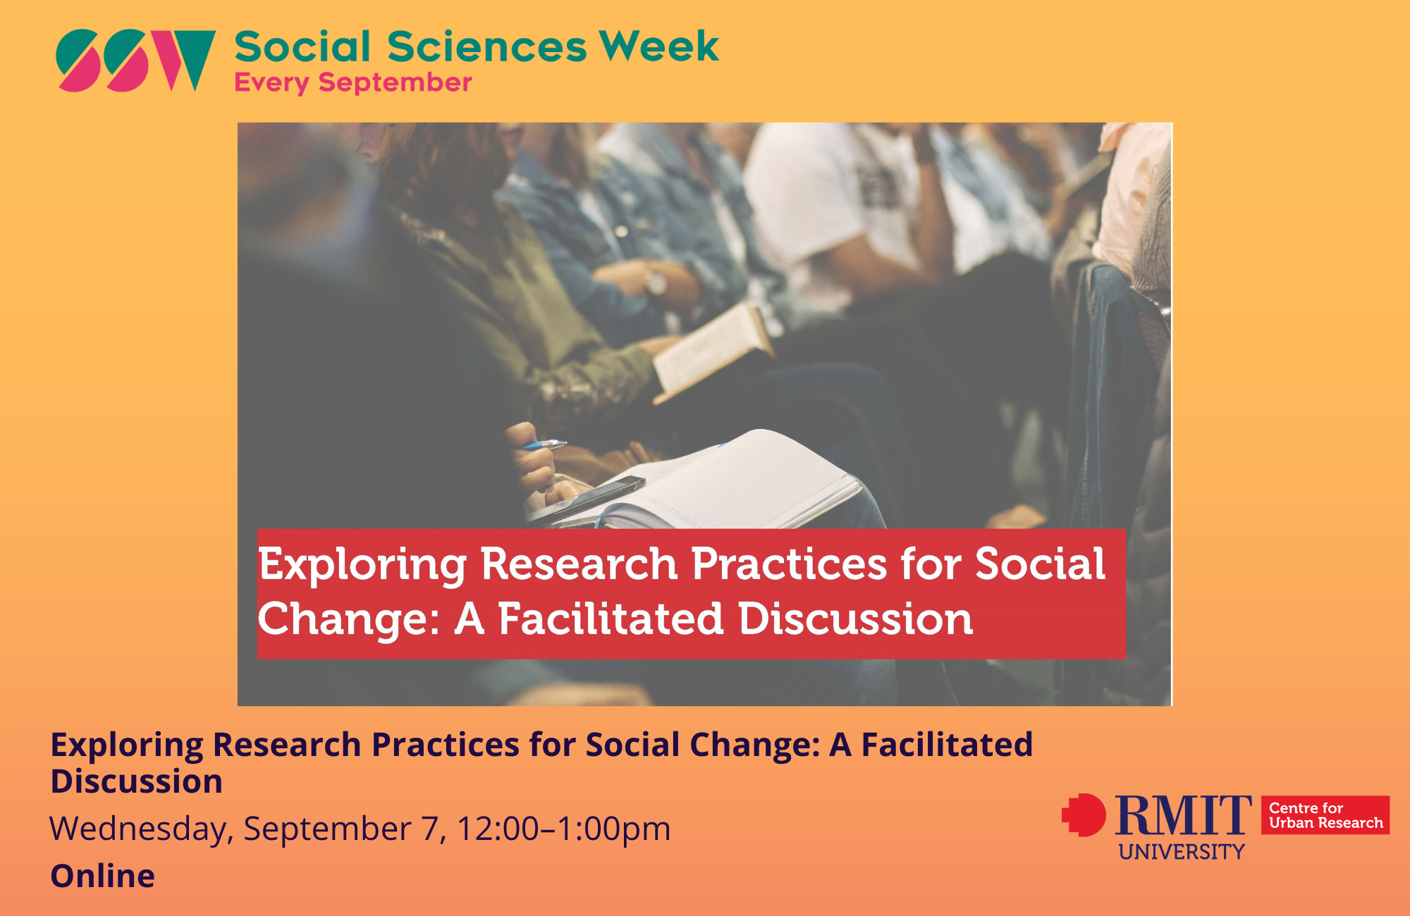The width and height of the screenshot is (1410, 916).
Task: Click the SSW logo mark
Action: (136, 61)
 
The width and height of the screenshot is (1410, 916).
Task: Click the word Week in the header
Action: (659, 47)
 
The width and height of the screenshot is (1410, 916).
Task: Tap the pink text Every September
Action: (352, 83)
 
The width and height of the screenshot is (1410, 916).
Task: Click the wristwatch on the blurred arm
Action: (656, 283)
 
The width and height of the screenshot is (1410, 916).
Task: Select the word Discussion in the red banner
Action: (855, 619)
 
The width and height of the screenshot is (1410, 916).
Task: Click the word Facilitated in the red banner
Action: (611, 619)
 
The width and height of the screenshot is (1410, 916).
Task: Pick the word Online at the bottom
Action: (103, 876)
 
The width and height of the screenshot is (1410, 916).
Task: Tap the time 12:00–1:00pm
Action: (563, 829)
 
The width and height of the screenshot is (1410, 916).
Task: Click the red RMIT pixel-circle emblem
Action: (1084, 815)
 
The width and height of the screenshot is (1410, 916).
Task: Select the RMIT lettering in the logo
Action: (1183, 815)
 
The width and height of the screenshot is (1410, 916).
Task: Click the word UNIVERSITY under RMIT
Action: (1182, 852)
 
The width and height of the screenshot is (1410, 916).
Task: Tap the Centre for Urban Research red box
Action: (1325, 815)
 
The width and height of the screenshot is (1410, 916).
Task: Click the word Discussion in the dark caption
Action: (137, 781)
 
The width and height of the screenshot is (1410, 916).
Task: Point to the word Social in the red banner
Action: (1040, 564)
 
